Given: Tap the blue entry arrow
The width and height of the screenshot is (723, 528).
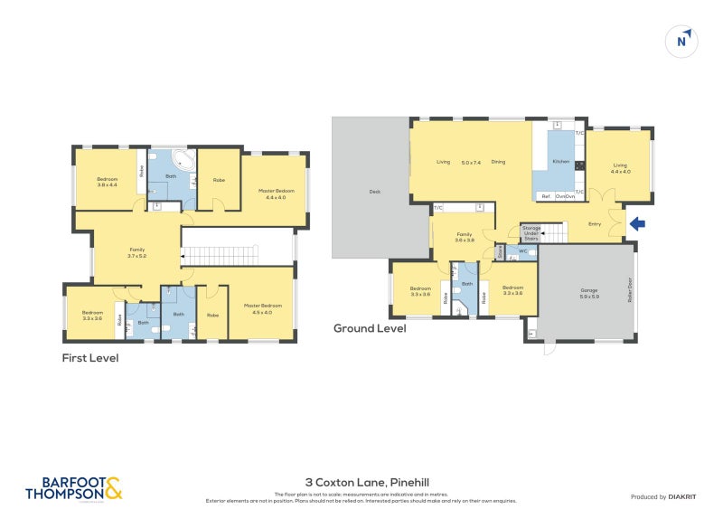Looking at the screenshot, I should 636,222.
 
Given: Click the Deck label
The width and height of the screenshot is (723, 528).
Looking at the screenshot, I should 374,192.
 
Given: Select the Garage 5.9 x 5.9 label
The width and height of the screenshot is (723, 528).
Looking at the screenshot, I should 588,294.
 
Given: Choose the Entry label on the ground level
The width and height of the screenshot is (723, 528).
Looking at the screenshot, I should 594,223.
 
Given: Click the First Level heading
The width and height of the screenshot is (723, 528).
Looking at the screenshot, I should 89,358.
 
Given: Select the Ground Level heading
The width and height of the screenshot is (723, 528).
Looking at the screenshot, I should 370,328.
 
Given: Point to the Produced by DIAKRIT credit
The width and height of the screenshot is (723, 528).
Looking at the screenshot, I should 663,496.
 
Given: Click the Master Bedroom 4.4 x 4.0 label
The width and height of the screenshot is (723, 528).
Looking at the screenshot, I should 275,193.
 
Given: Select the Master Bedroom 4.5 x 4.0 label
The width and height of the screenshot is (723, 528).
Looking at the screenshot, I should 262,308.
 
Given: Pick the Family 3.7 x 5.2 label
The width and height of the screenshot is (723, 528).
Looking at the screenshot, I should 136,252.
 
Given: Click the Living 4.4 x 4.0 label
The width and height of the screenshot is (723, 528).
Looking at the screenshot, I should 621,168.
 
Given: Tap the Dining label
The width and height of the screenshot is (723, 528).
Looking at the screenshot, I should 498,163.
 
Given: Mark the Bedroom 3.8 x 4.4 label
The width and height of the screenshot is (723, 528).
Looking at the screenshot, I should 108,182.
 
